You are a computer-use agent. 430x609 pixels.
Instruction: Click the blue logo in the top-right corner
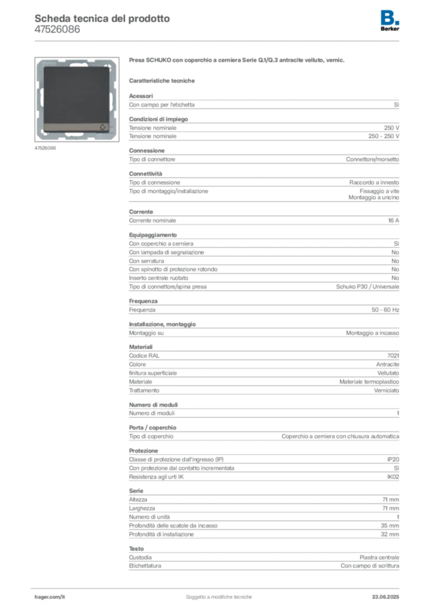pyautogui.click(x=391, y=17)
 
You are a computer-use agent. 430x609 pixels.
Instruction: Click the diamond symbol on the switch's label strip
pyautogui.click(x=100, y=126)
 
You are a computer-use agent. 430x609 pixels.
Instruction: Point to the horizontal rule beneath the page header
pyautogui.click(x=219, y=40)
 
